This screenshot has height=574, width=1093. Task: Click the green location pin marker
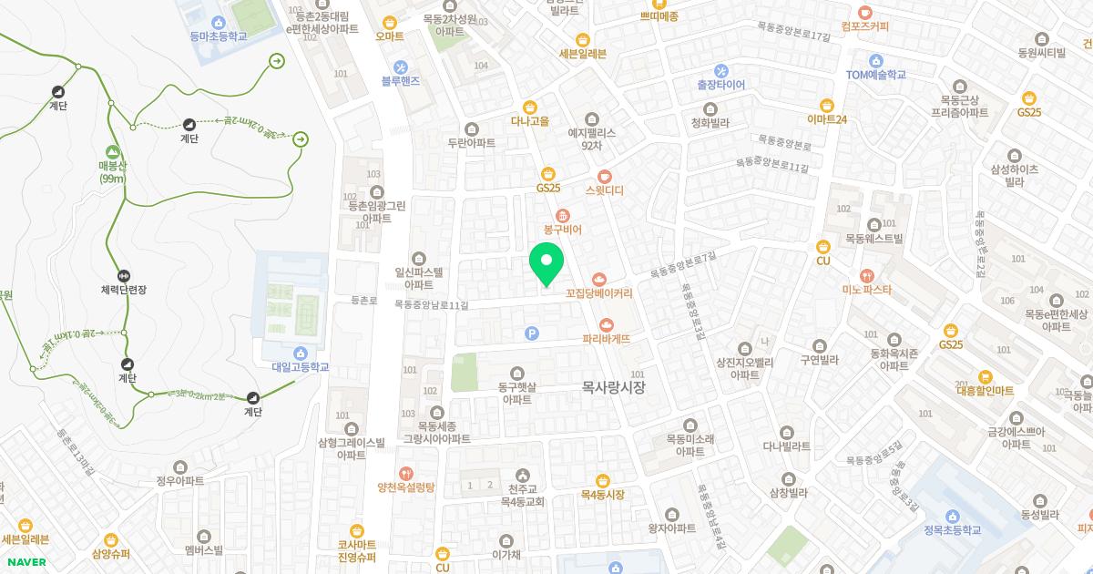coord(546,264)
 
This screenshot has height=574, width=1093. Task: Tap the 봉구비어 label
coord(562,231)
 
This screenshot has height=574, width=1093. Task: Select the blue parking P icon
coord(532,333)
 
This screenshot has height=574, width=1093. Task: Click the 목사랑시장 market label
coord(613,387)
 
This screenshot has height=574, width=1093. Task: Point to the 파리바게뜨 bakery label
coord(608,338)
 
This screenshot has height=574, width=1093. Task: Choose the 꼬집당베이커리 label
coord(598,293)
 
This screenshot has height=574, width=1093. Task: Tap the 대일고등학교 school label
coord(300,367)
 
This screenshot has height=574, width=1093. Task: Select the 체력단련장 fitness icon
coord(124,276)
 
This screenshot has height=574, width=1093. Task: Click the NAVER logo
coord(24,562)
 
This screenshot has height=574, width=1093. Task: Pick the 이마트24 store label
coord(827,119)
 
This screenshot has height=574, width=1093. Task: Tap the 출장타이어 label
coord(720,85)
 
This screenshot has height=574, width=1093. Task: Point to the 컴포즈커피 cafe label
coord(864,26)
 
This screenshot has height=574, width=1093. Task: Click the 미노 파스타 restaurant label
coord(866,290)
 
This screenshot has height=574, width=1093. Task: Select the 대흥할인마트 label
coord(985,390)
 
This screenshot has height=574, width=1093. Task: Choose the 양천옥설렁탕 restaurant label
coord(406,487)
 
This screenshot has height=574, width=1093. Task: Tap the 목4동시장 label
coord(602,495)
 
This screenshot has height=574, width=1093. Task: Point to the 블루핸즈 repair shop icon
coord(401,67)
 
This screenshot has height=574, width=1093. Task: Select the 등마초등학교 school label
coord(219,36)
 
